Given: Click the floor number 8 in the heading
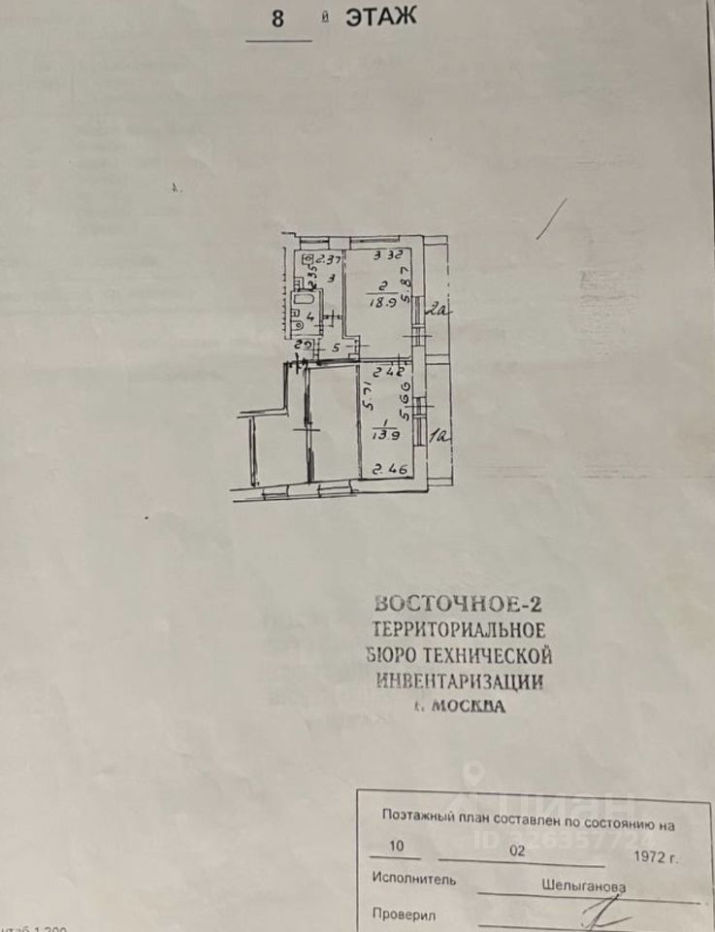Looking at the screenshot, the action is pos(277,19).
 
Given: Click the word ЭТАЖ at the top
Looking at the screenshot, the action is pos(381,17).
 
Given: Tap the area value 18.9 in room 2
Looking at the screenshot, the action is pos(379,302).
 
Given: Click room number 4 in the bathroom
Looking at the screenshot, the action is pos(309,316).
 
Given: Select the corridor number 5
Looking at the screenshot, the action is pos(336,346).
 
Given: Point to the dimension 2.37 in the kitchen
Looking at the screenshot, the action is pos(329,259).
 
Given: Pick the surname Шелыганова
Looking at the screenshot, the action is pos(584,885).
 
